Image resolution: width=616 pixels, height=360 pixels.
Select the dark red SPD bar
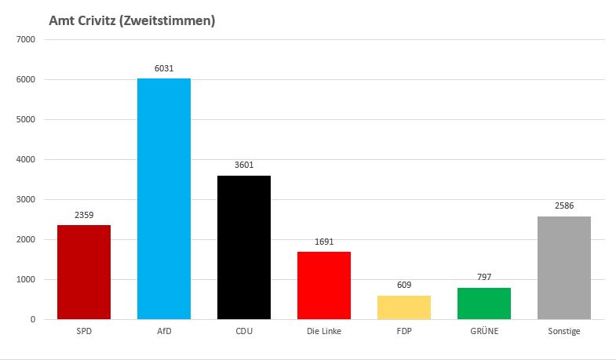point(84,272)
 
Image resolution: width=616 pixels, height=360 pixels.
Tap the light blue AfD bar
point(163,198)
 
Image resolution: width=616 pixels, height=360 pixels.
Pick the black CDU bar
point(243,247)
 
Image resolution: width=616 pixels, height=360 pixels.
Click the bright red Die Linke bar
point(324,285)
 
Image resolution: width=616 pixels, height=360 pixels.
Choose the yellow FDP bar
point(404,307)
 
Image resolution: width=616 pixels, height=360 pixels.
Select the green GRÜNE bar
point(484,304)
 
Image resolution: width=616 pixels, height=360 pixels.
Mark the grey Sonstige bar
point(564,267)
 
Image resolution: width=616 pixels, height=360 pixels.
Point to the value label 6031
point(164,68)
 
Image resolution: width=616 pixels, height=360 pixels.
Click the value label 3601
point(244,165)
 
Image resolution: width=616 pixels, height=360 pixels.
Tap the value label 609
point(404,285)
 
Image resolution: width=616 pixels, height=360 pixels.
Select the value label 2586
point(564,206)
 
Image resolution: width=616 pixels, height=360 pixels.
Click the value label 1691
point(324,242)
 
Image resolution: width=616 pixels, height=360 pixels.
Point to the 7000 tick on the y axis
point(26,39)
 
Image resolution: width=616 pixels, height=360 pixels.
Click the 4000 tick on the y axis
point(26,159)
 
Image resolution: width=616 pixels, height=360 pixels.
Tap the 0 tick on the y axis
point(32,319)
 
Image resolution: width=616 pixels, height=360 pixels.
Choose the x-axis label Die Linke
point(324,332)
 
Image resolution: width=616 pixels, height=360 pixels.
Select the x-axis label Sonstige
point(564,332)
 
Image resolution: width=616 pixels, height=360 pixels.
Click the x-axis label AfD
point(163,332)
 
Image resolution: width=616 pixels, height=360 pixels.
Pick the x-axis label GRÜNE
point(484,332)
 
